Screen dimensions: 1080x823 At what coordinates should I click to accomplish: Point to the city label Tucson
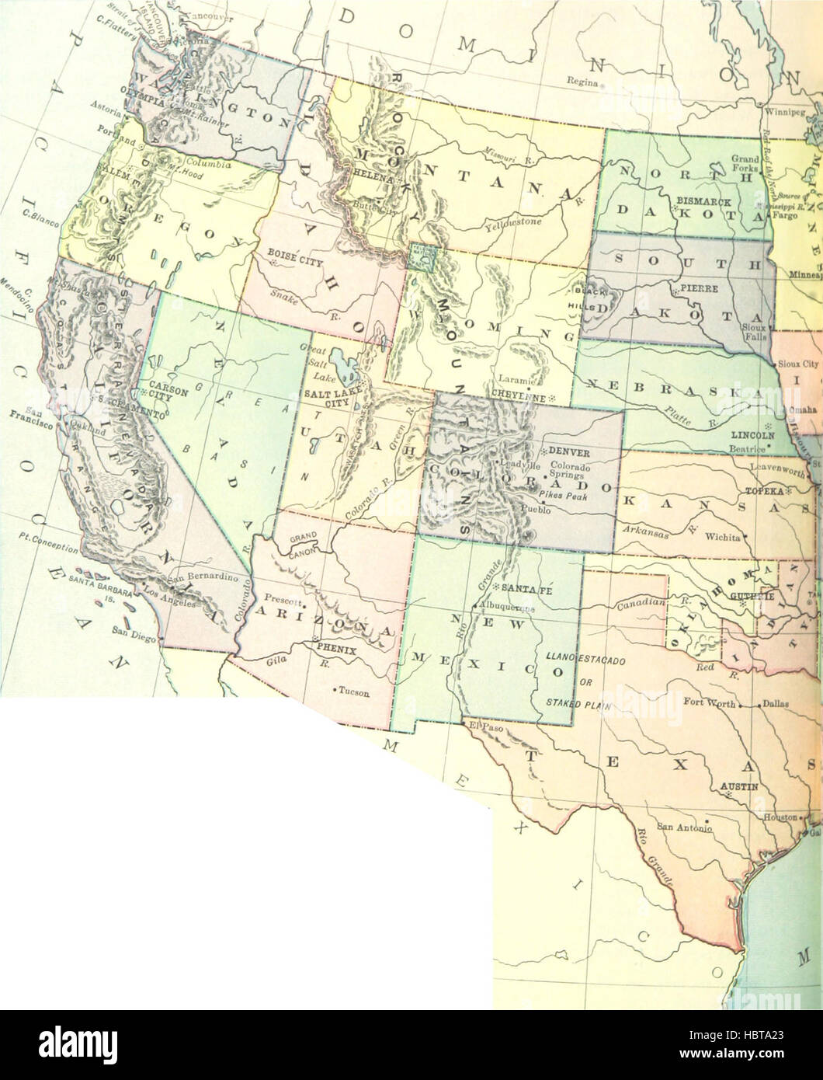pos(353,692)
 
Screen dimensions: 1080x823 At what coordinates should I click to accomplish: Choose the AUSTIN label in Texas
pos(738,786)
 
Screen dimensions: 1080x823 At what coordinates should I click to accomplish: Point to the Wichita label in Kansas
pos(723,536)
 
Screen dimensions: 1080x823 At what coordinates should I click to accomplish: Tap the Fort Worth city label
pos(708,702)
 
